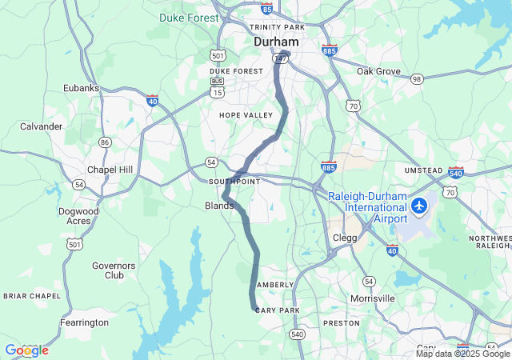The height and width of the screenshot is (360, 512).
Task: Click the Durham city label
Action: coord(276,41)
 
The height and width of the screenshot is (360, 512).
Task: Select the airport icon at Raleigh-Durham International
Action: coord(418,206)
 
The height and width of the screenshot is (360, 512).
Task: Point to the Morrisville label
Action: coord(372,298)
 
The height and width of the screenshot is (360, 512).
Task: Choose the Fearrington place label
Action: coord(84,322)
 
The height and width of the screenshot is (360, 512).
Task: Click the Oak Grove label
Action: coord(378,71)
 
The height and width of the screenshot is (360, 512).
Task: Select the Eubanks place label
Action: coord(81,89)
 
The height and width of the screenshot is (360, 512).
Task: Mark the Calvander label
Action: coord(42,126)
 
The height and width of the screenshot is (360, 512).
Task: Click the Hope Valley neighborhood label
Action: coord(246,115)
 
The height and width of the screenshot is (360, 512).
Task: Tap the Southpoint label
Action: coord(234,182)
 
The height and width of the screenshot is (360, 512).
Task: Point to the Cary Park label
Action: coord(277,310)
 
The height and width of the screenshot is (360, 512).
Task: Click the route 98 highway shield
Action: coord(417,78)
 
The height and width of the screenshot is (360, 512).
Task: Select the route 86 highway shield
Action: coord(104,142)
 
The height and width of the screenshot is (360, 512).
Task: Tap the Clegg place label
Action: coord(345,238)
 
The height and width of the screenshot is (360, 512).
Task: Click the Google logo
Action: coord(26,350)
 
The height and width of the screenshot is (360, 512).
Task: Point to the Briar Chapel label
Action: coord(32,296)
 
